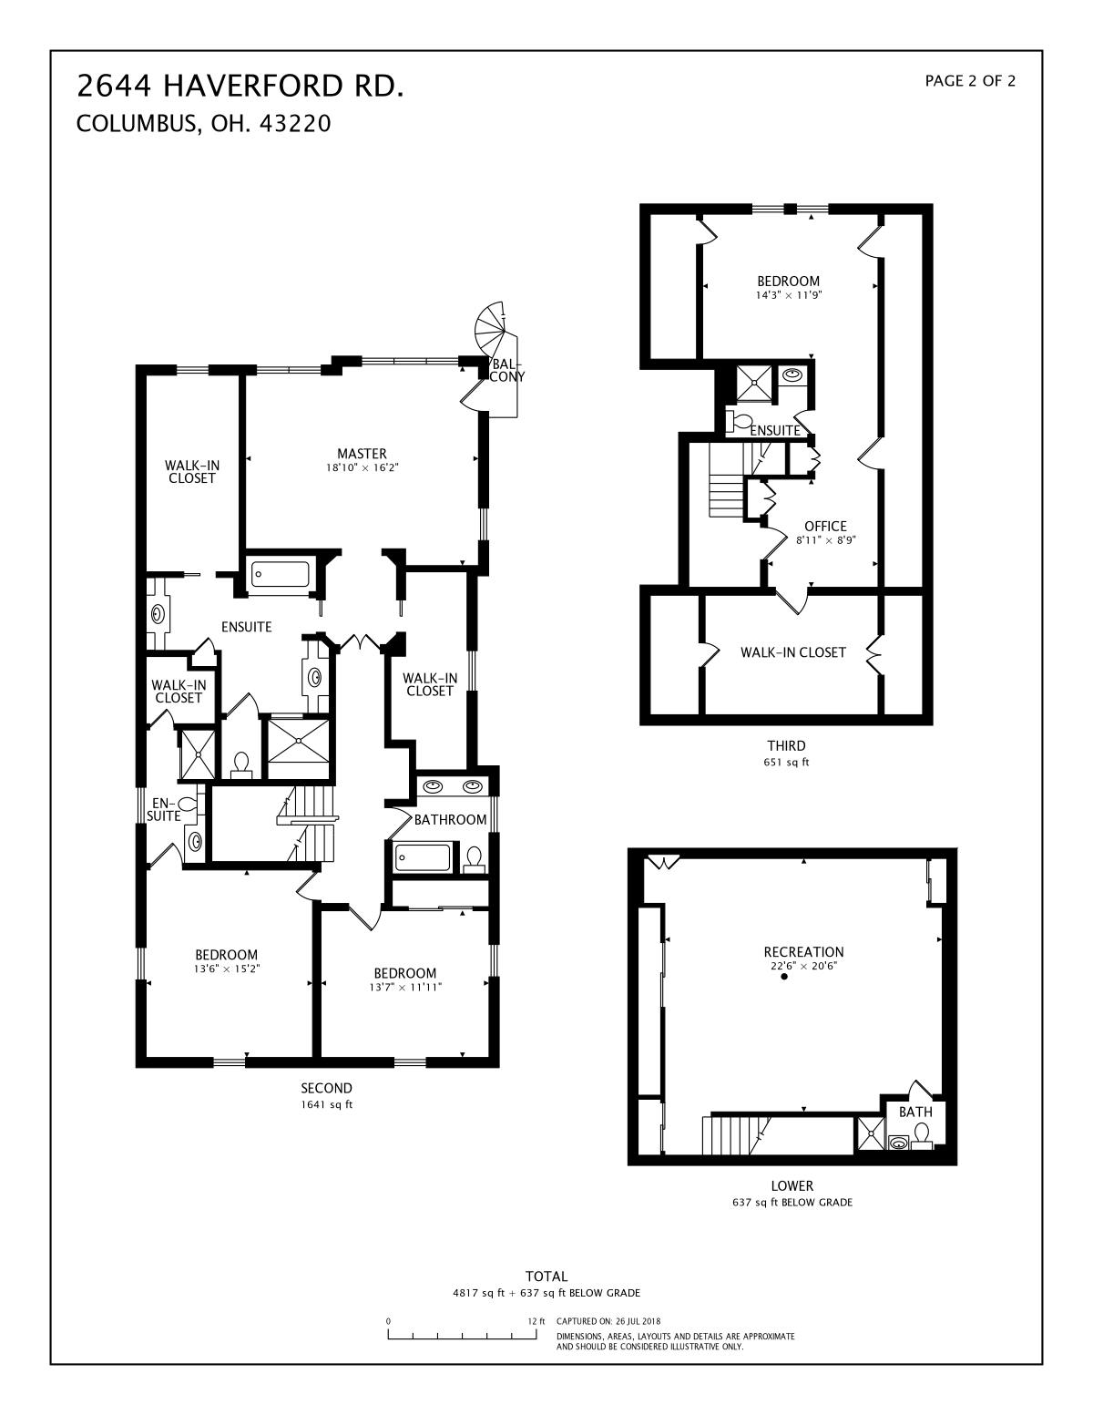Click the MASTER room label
pyautogui.click(x=362, y=453)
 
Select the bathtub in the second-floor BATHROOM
pyautogui.click(x=423, y=857)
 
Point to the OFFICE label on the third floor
pyautogui.click(x=825, y=526)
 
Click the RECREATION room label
pyautogui.click(x=803, y=951)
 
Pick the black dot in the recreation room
pyautogui.click(x=784, y=977)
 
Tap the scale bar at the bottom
pyautogui.click(x=462, y=1334)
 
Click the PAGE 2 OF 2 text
pyautogui.click(x=970, y=81)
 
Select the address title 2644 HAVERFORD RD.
pyautogui.click(x=240, y=86)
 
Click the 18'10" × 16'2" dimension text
pyautogui.click(x=362, y=467)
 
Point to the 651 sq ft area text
pyautogui.click(x=786, y=762)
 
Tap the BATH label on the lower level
pyautogui.click(x=915, y=1112)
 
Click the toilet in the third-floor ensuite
pyautogui.click(x=738, y=420)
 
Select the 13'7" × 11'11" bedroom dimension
pyautogui.click(x=405, y=987)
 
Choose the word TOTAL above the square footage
pyautogui.click(x=546, y=1277)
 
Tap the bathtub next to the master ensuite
pyautogui.click(x=281, y=574)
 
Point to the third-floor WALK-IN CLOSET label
pyautogui.click(x=793, y=651)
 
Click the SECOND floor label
pyautogui.click(x=326, y=1088)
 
